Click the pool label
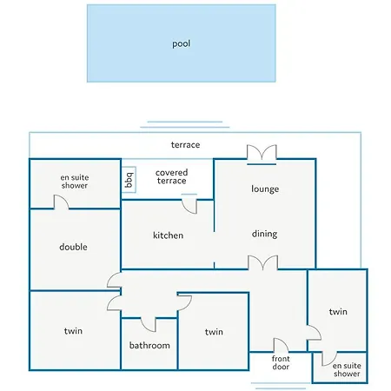pyautogui.click(x=182, y=43)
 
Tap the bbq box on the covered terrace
pyautogui.click(x=129, y=180)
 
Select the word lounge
pyautogui.click(x=265, y=189)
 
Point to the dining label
pyautogui.click(x=264, y=234)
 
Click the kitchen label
pyautogui.click(x=168, y=235)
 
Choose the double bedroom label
pyautogui.click(x=73, y=247)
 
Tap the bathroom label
pyautogui.click(x=149, y=345)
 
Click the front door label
pyautogui.click(x=281, y=362)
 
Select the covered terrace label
pyautogui.click(x=171, y=176)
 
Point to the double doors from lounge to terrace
pyautogui.click(x=262, y=155)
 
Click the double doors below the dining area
pyautogui.click(x=263, y=262)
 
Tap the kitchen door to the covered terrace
pyautogui.click(x=189, y=204)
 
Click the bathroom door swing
pyautogui.click(x=149, y=325)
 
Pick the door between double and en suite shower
pyautogui.click(x=61, y=202)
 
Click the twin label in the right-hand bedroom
pyautogui.click(x=338, y=312)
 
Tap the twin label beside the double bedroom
pyautogui.click(x=73, y=331)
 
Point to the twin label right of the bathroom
pyautogui.click(x=214, y=332)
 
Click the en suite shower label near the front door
pyautogui.click(x=347, y=369)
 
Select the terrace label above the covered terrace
pyautogui.click(x=185, y=145)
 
